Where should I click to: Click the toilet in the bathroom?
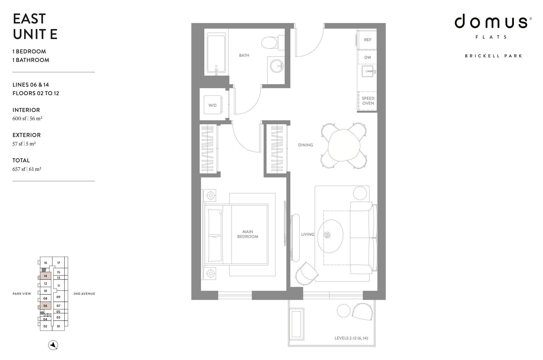pyautogui.click(x=273, y=43)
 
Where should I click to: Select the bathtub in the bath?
pyautogui.click(x=216, y=53)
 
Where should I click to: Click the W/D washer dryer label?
pyautogui.click(x=213, y=105)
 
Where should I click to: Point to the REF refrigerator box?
pyautogui.click(x=368, y=40)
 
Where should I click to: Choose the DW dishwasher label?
pyautogui.click(x=368, y=57)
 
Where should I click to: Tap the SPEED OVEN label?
pyautogui.click(x=368, y=101)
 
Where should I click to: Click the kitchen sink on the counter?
pyautogui.click(x=368, y=72)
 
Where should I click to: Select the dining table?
pyautogui.click(x=343, y=146)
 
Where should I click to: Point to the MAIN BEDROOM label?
pyautogui.click(x=248, y=234)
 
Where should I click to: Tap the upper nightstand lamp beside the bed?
pyautogui.click(x=210, y=195)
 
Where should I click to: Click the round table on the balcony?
pyautogui.click(x=344, y=311)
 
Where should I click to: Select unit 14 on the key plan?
pyautogui.click(x=45, y=276)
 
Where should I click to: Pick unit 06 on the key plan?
pyautogui.click(x=45, y=306)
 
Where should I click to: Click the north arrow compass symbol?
pyautogui.click(x=53, y=345)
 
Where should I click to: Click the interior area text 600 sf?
pyautogui.click(x=19, y=118)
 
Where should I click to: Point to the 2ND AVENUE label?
pyautogui.click(x=84, y=294)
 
